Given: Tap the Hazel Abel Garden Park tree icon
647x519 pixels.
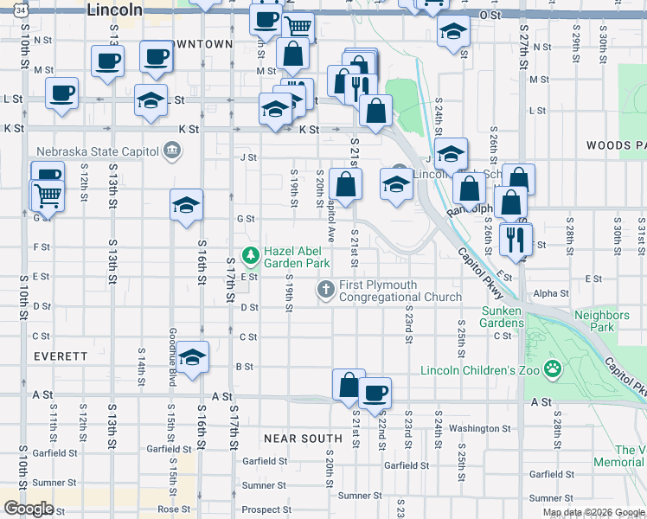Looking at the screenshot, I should pos(251,254).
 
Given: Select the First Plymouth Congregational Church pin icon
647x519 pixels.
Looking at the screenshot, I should pos(326,290).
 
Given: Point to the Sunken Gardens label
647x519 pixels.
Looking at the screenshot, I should pos(503,317).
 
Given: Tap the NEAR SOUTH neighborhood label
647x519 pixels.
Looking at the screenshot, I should pos(303,439).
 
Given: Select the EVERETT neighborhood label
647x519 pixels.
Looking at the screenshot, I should pos(61,356).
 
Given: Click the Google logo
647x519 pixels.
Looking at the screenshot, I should pos(28,508).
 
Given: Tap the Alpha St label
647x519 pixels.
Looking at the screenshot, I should pos(551,294).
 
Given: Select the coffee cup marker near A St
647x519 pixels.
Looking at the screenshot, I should pos(375,393).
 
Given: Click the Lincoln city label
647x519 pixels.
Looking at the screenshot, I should pos(115,10).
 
